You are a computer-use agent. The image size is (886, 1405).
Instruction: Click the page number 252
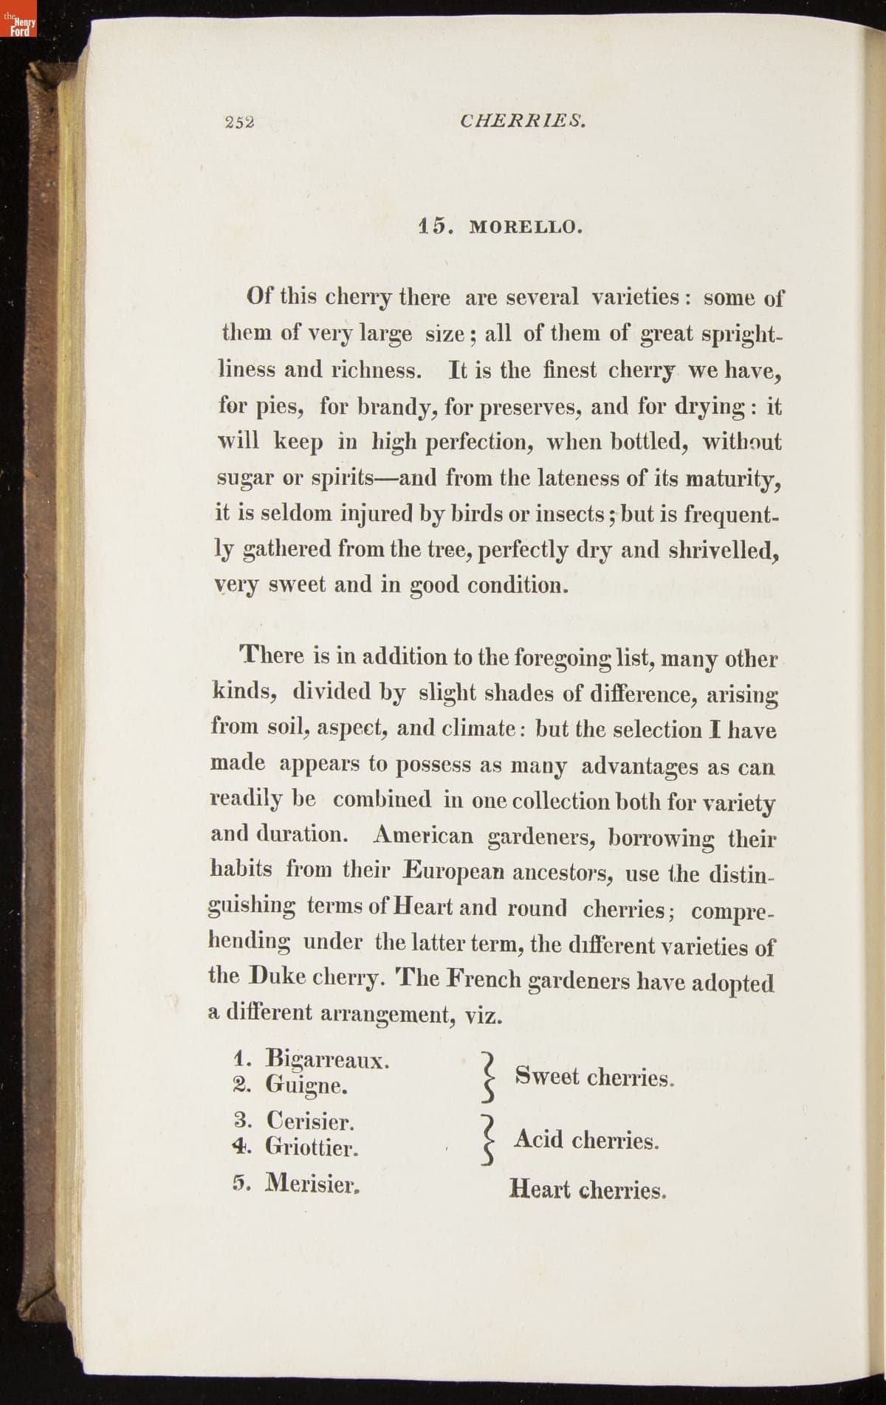pos(240,122)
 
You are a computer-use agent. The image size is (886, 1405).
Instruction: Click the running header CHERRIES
pos(523,120)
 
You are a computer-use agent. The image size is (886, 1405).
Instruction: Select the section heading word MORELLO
pos(526,227)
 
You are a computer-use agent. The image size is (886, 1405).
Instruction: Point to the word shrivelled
pos(724,550)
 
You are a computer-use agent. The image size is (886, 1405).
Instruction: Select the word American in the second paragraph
pos(423,835)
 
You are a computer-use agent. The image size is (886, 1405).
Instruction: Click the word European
pos(454,871)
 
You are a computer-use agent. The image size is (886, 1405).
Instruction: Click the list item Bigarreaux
pos(327,1060)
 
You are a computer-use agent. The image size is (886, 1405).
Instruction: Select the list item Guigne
pos(306,1085)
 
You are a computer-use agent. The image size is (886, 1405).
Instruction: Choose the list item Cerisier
pos(310,1122)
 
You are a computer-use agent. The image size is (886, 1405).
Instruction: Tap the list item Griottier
pos(312,1147)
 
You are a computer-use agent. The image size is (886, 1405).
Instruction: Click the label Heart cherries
pos(588,1189)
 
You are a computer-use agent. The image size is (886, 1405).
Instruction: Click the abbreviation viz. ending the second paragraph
pos(484,1015)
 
